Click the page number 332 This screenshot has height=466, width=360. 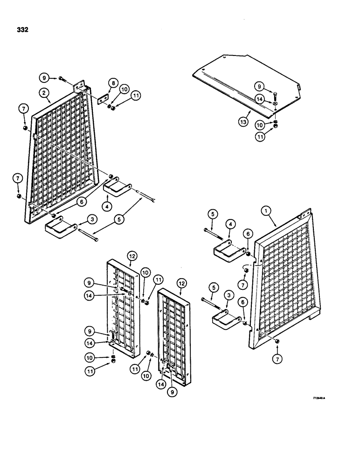(x=21, y=30)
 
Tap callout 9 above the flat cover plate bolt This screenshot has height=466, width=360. (x=260, y=86)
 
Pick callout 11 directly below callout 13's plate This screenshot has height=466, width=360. (x=260, y=137)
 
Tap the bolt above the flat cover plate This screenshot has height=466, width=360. (x=275, y=95)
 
